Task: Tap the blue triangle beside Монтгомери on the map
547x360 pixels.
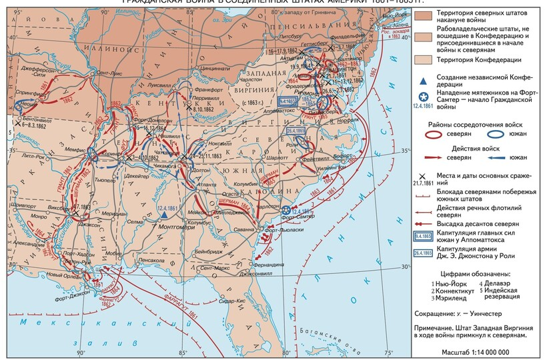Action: point(162,215)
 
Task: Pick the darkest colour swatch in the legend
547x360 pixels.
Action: point(422,15)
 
